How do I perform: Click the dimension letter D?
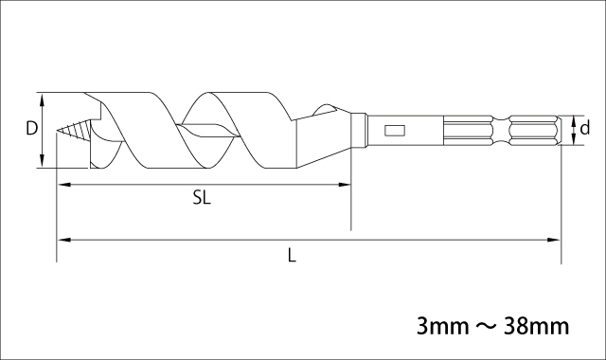click(31, 128)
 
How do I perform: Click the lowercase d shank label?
click(585, 127)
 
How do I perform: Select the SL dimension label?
click(202, 198)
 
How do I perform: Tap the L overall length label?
click(293, 255)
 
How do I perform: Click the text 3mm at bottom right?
click(442, 326)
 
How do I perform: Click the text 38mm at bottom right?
click(537, 326)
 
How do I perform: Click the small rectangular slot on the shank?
click(395, 131)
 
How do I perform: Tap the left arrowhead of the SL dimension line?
click(63, 185)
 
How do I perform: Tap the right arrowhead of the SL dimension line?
click(345, 185)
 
